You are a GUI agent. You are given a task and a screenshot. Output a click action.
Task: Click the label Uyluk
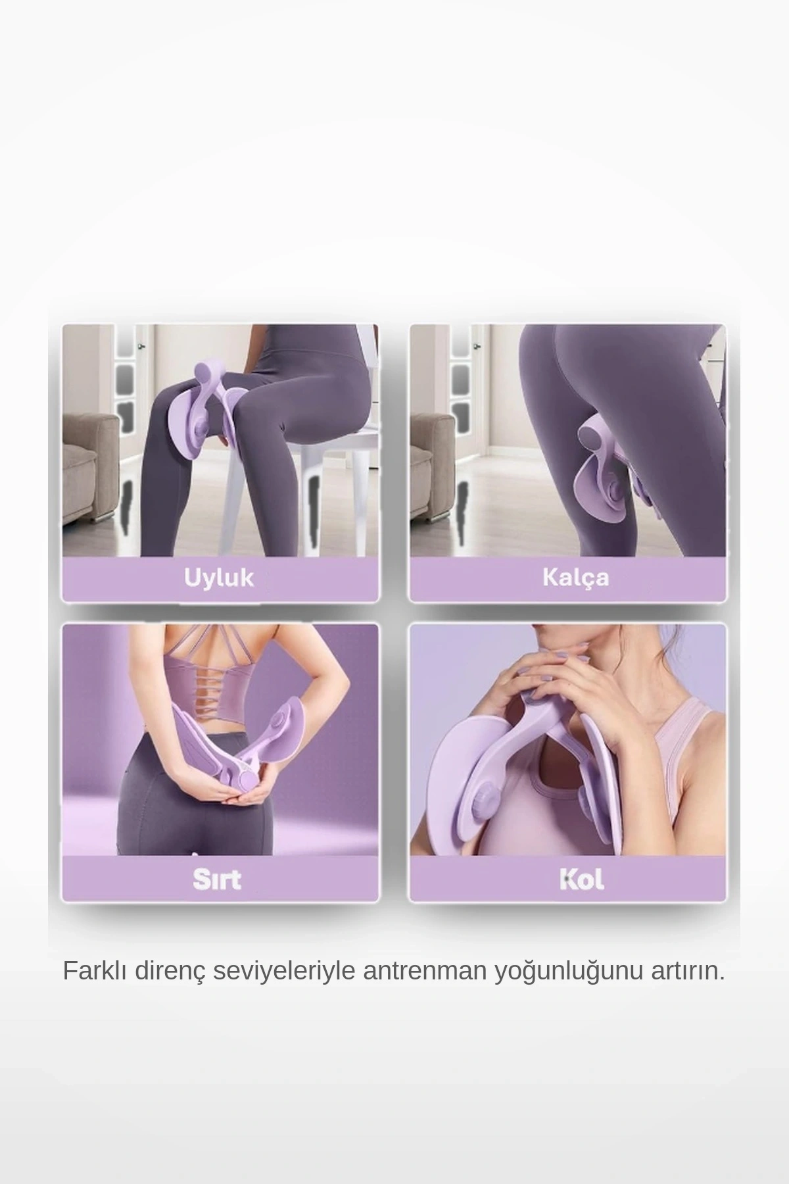(219, 578)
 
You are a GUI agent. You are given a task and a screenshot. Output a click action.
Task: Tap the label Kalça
(575, 577)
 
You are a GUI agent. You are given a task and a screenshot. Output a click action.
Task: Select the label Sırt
(217, 879)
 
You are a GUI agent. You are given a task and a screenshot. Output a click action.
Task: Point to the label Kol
(581, 879)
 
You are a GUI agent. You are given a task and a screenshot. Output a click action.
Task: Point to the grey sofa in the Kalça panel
(431, 460)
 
